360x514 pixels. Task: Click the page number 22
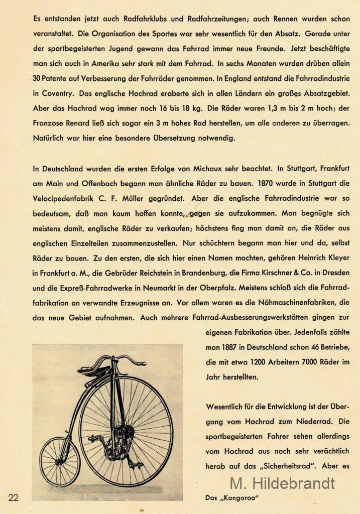[x=13, y=497]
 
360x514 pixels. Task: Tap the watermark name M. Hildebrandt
[x=282, y=483]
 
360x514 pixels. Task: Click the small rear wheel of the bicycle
[x=60, y=461]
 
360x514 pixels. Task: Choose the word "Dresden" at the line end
[x=334, y=273]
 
